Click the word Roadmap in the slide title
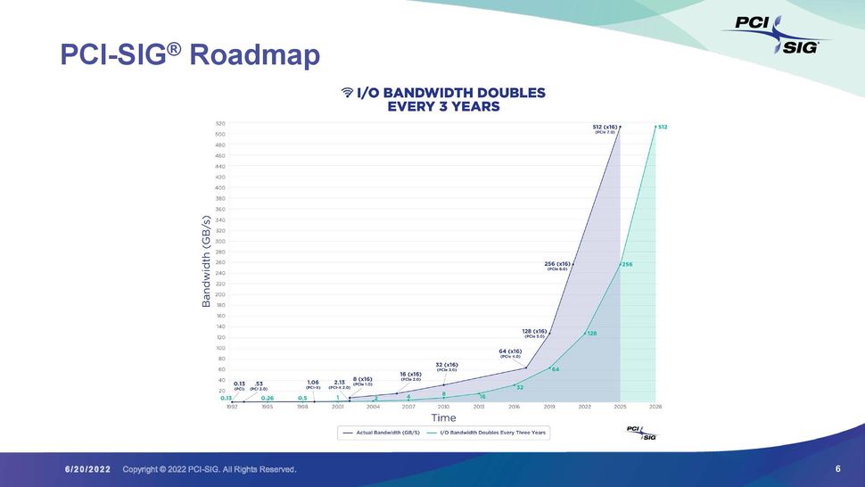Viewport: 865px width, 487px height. point(255,55)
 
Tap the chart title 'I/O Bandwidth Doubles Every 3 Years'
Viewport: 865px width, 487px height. point(443,99)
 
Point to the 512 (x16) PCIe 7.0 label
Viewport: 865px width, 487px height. point(605,128)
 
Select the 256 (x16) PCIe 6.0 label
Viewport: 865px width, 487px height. point(558,265)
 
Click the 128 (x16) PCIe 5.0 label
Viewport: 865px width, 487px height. point(535,333)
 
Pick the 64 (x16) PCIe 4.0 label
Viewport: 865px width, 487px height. point(510,353)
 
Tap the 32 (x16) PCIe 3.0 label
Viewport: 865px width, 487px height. point(447,367)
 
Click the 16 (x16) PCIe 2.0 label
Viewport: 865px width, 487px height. point(411,376)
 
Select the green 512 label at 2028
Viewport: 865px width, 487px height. point(663,127)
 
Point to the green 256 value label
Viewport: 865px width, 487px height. point(627,265)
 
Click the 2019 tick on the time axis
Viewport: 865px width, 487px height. point(549,406)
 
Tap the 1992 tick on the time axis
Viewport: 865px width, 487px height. point(232,406)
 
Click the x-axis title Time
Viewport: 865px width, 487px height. point(443,417)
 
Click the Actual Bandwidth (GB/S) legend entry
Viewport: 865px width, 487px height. point(380,433)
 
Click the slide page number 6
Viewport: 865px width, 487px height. point(838,469)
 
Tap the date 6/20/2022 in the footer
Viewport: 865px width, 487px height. point(87,469)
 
